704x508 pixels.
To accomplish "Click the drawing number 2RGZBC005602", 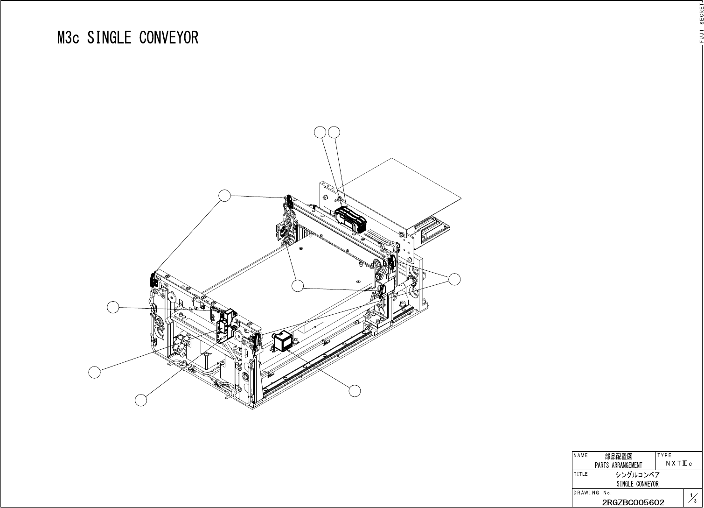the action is pos(633,502).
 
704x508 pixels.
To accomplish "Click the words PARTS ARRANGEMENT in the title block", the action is pos(618,465).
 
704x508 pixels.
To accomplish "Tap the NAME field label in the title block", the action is pos(581,455).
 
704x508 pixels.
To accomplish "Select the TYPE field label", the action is pos(664,455).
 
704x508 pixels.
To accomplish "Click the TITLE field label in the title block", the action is pos(581,474).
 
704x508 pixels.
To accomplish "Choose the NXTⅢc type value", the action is pos(679,464).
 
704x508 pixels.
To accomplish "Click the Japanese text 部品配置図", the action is pos(619,457).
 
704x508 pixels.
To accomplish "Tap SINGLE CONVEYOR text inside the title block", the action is pos(637,484).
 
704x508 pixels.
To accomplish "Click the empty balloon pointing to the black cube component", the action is pos(355,391).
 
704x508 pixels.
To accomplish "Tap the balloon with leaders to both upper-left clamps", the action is pos(225,195).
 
